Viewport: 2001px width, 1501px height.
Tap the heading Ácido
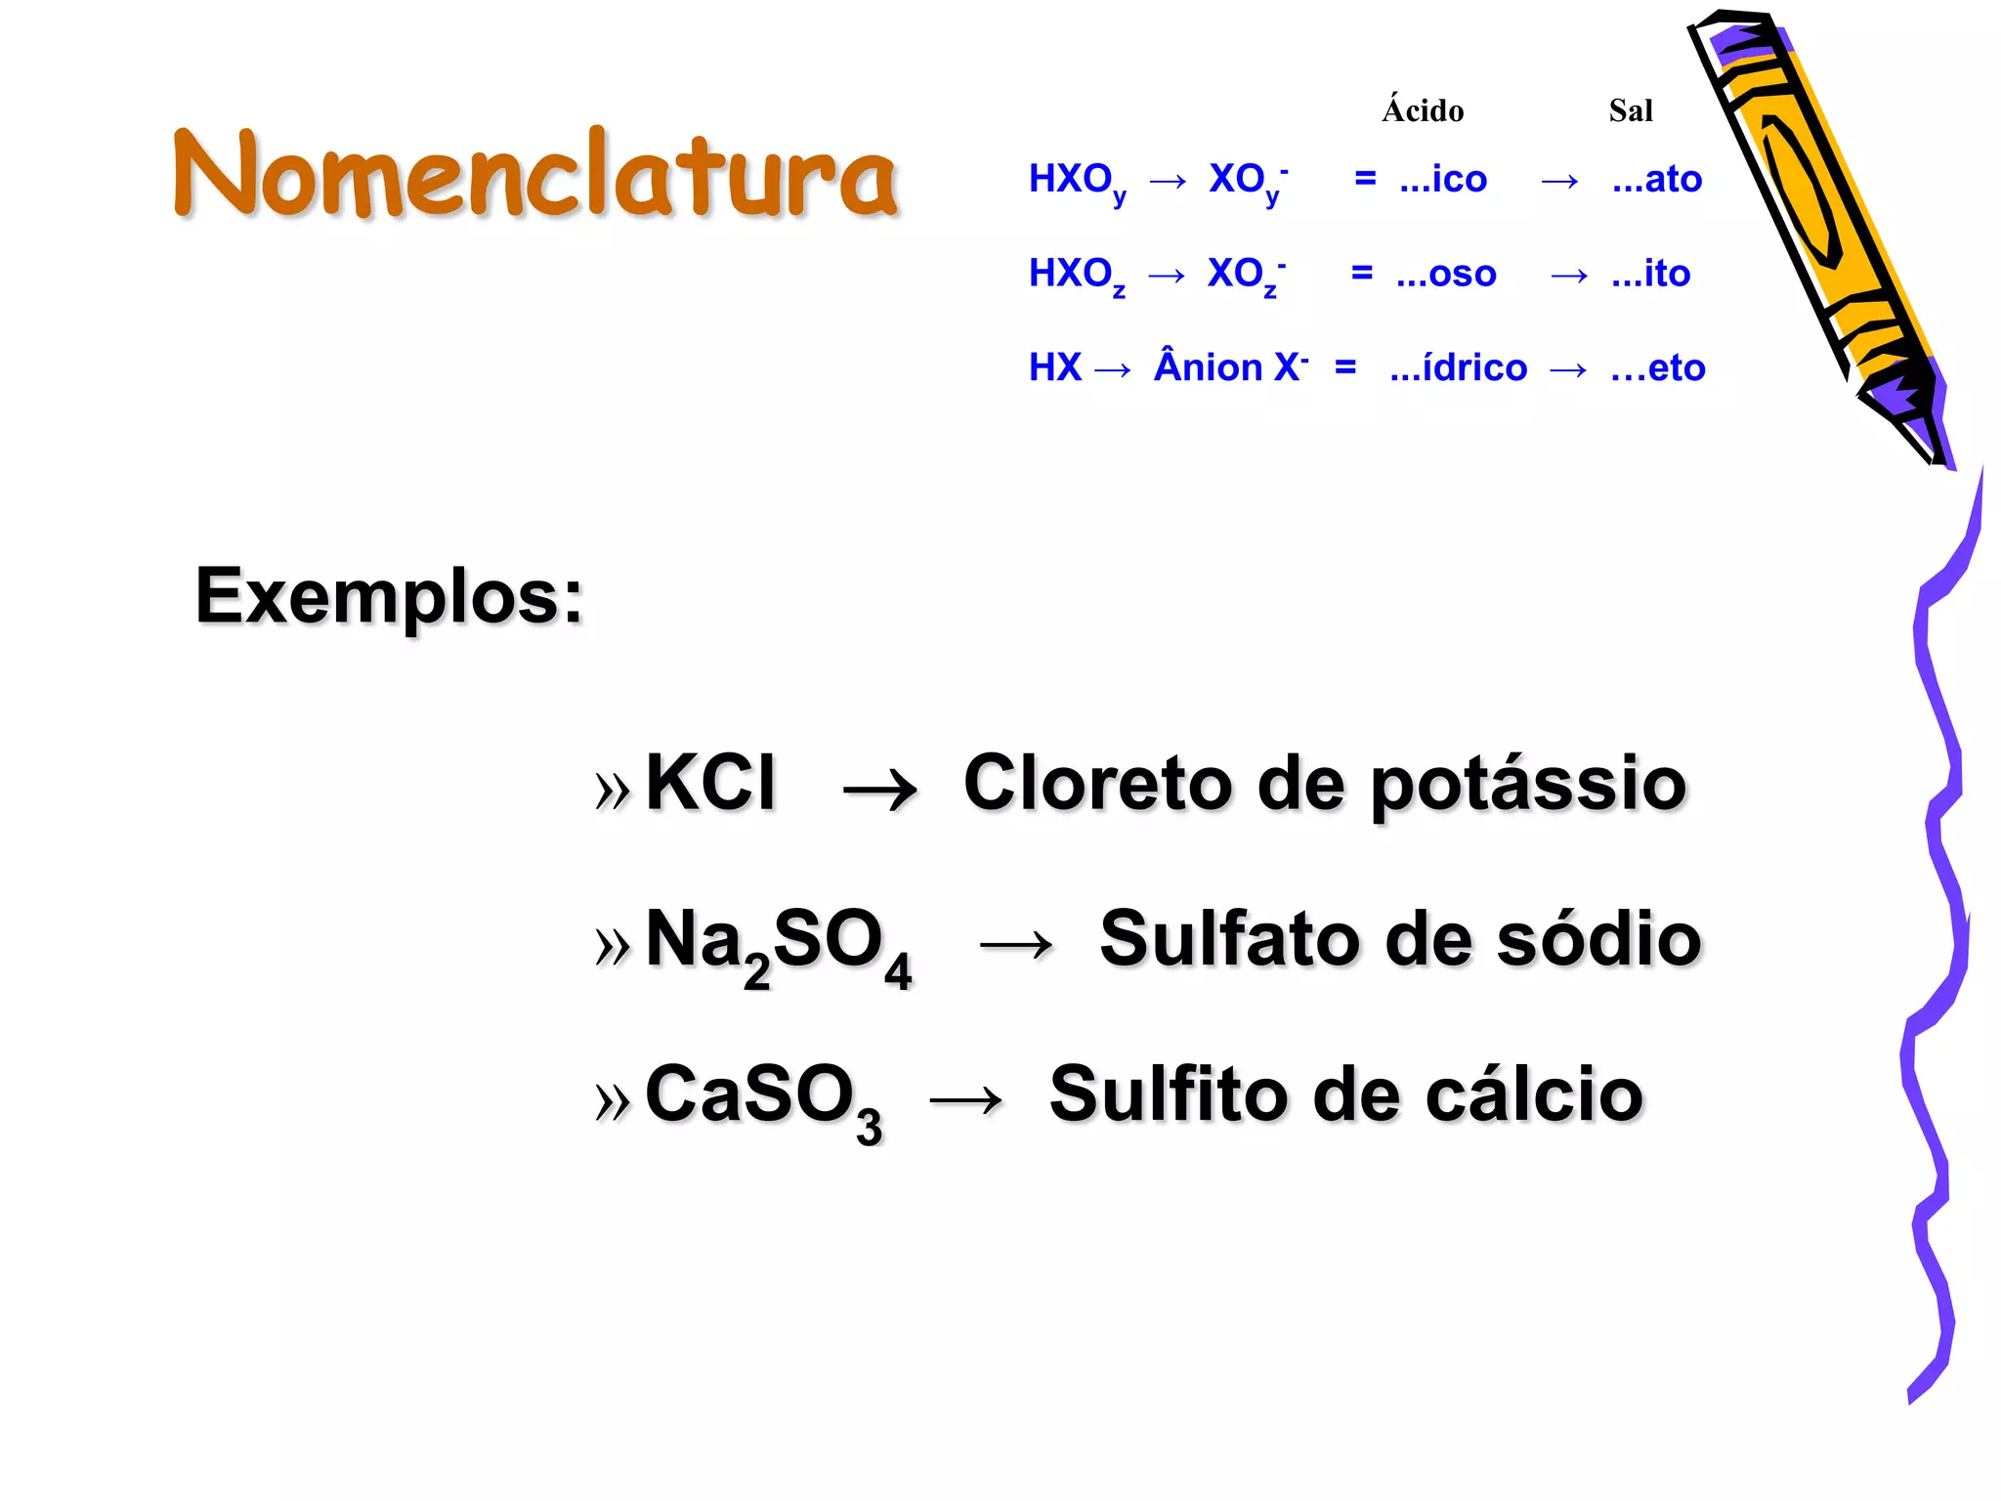(x=1423, y=110)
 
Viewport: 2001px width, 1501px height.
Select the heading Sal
(x=1631, y=110)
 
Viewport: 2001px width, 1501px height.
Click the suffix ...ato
(x=1657, y=180)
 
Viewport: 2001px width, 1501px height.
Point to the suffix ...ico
(x=1443, y=180)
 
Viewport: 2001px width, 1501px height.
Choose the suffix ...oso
(x=1446, y=275)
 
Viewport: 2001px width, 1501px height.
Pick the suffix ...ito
(x=1651, y=275)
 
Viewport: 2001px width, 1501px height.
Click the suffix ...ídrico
(x=1459, y=368)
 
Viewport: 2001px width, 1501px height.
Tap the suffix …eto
(x=1658, y=368)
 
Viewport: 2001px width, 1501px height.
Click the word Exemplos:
(x=389, y=596)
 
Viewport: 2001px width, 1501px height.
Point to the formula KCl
(x=710, y=783)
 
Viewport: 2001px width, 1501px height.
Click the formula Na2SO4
(x=778, y=944)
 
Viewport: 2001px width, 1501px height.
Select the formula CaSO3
(x=763, y=1098)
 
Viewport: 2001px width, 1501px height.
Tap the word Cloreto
(x=1097, y=784)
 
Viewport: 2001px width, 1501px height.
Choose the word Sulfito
(x=1169, y=1094)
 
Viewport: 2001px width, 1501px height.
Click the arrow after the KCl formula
(x=880, y=790)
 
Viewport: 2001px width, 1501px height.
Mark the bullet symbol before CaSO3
(x=613, y=1101)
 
